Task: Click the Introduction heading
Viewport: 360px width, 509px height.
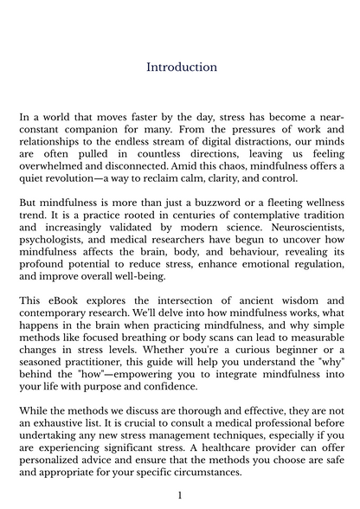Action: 181,67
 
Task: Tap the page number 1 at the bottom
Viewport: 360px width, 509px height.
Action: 179,495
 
